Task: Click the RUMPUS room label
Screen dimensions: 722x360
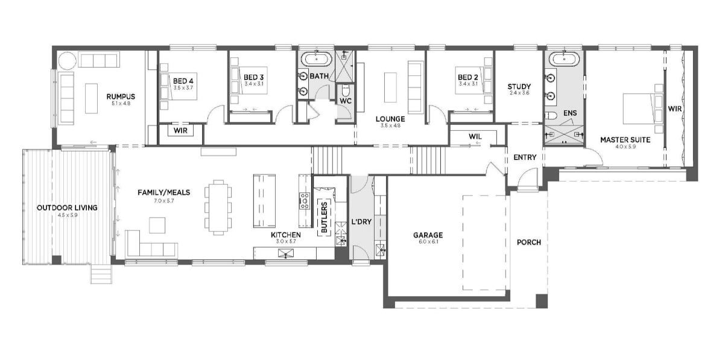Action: pos(121,96)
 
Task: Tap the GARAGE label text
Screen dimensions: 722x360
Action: pos(428,235)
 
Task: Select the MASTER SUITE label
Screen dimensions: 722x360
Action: pos(625,140)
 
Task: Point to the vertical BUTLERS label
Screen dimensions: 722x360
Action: pos(324,216)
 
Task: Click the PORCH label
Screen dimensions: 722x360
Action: pos(528,242)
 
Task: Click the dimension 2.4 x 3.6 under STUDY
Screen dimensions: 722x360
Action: pos(519,93)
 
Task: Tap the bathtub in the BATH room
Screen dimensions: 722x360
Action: pos(316,59)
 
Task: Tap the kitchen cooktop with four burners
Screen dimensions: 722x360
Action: pos(305,201)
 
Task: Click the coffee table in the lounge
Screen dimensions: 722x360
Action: pos(390,87)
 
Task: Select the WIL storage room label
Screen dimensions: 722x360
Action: pos(475,137)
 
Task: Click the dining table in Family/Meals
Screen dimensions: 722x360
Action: pos(218,207)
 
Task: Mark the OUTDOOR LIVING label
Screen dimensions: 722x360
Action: pos(67,207)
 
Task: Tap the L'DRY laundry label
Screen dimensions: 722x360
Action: pos(361,221)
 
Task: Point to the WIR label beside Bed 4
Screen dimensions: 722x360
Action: pos(180,131)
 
